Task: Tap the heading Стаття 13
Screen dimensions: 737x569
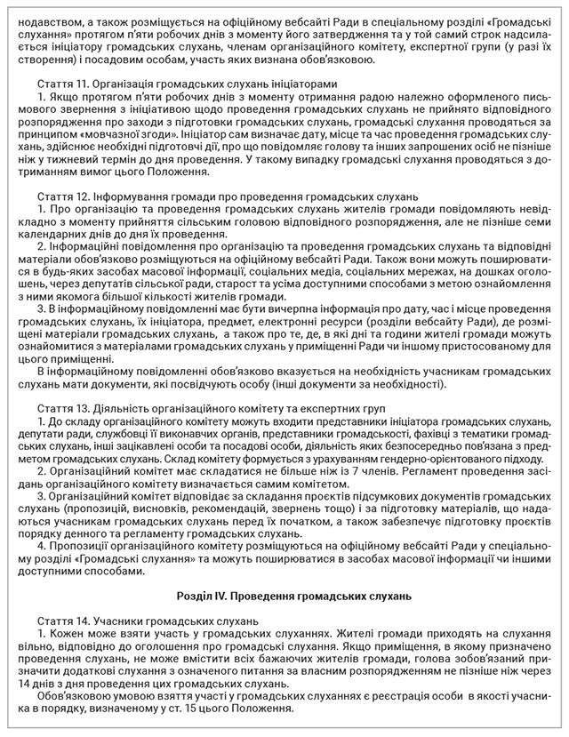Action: [60, 406]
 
